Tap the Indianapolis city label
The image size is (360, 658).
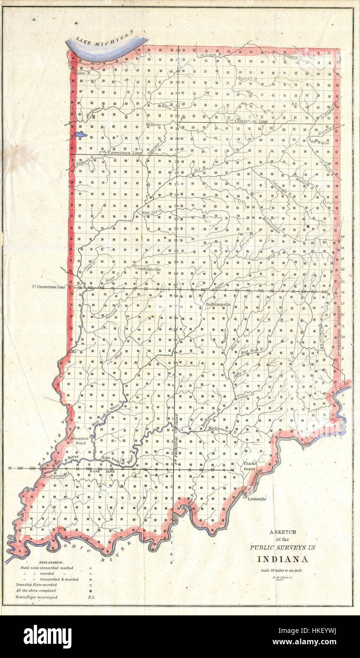tap(218, 304)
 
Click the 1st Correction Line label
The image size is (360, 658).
tap(49, 287)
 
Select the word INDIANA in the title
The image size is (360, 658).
tap(283, 559)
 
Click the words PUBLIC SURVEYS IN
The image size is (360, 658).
tap(282, 548)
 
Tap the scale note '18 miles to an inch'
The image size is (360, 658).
tap(281, 570)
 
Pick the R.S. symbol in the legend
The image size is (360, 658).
tap(91, 597)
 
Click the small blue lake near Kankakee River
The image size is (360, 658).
tap(80, 134)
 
